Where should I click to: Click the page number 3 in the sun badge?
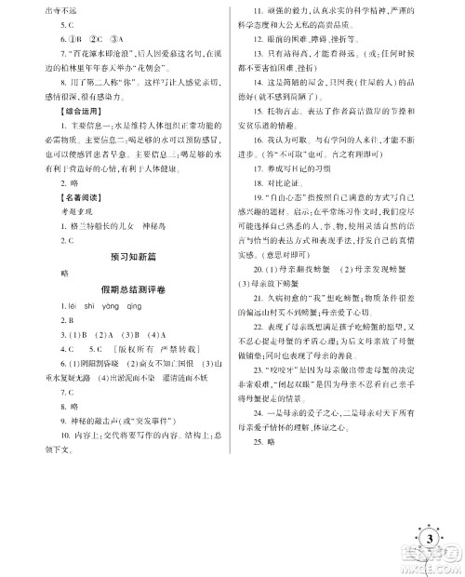coord(430,541)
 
